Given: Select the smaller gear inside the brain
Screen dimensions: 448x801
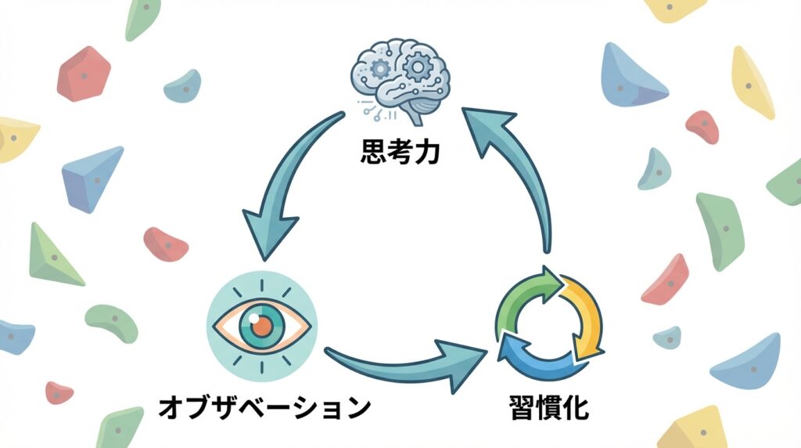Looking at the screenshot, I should pyautogui.click(x=381, y=69).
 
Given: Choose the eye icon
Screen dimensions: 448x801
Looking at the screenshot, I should pyautogui.click(x=262, y=324).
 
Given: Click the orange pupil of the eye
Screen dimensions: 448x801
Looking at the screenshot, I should pyautogui.click(x=262, y=324).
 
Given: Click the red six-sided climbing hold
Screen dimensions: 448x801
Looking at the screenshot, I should pyautogui.click(x=84, y=74).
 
